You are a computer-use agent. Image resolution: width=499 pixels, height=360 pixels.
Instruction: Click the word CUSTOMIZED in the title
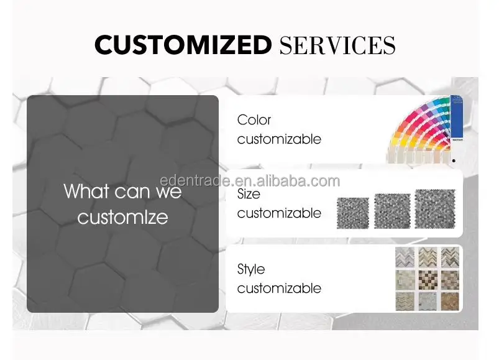pos(183,45)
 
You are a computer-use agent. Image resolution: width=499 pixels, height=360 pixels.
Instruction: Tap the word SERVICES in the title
pos(337,45)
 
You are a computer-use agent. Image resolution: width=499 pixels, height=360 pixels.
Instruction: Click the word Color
pos(254,120)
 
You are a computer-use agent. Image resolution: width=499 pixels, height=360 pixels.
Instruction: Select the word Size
pos(249,194)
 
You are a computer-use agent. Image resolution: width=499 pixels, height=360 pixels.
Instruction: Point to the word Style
pos(251,270)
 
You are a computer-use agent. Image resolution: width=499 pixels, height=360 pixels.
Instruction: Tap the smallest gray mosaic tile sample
pos(352,213)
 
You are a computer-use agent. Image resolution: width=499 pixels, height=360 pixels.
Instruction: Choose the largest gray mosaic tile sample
pos(435,209)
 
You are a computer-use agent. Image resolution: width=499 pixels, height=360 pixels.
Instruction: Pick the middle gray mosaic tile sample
pos(392,211)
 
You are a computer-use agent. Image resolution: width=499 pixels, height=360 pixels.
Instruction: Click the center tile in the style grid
pos(428,280)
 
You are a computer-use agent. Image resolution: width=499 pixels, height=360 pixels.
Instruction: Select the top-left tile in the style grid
pos(405,257)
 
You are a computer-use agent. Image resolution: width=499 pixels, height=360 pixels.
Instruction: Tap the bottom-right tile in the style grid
pos(450,301)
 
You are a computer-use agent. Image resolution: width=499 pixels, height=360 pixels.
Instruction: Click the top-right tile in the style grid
pos(450,257)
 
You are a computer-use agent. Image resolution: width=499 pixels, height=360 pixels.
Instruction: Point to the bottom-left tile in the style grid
pos(405,301)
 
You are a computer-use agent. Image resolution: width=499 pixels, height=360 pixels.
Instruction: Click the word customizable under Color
pos(279,139)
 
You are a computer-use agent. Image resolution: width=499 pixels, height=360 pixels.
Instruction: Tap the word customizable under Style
pos(279,288)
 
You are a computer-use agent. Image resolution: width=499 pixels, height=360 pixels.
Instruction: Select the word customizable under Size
pos(279,213)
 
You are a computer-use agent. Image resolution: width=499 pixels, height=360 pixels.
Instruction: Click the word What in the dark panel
pos(85,191)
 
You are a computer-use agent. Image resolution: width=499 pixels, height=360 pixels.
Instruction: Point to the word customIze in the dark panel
pos(122,218)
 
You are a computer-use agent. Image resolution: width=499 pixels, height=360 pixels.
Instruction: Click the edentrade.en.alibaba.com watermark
pos(250,181)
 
